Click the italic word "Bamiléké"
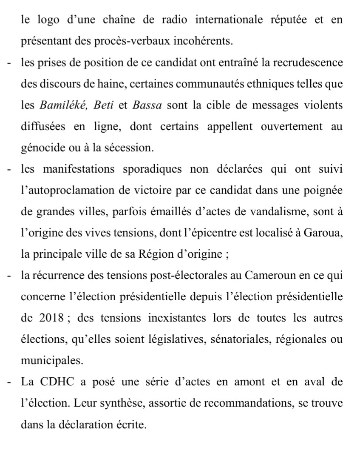(59, 105)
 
